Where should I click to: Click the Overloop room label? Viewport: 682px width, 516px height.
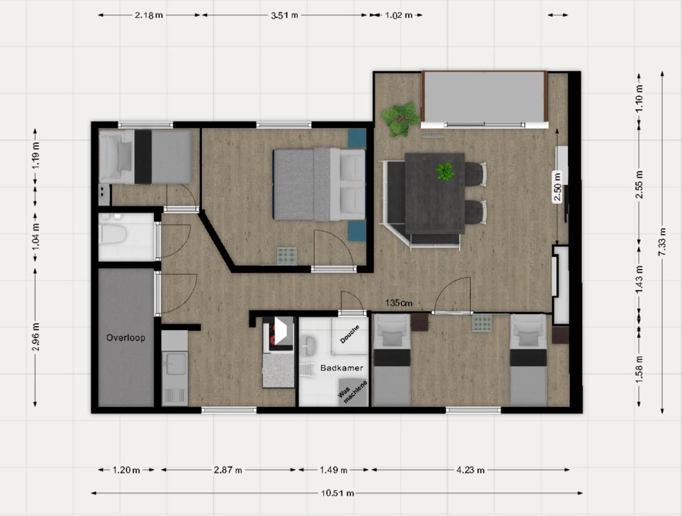125,338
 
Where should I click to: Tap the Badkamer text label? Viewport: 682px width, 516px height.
342,368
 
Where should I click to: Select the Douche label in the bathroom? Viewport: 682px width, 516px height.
349,334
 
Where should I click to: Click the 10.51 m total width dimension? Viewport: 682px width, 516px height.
337,493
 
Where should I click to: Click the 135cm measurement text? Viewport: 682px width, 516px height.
399,303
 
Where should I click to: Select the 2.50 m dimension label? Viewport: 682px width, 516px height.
558,188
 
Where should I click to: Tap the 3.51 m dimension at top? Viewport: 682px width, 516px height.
284,15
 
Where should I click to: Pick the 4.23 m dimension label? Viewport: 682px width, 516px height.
471,470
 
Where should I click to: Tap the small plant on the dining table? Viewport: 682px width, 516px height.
445,171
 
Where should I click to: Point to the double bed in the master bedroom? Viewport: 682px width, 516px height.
319,185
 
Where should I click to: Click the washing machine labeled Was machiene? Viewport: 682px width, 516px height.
352,392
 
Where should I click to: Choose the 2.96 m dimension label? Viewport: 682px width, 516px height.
36,337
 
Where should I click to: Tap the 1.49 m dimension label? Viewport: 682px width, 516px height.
333,470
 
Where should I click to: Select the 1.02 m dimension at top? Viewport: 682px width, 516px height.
399,15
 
